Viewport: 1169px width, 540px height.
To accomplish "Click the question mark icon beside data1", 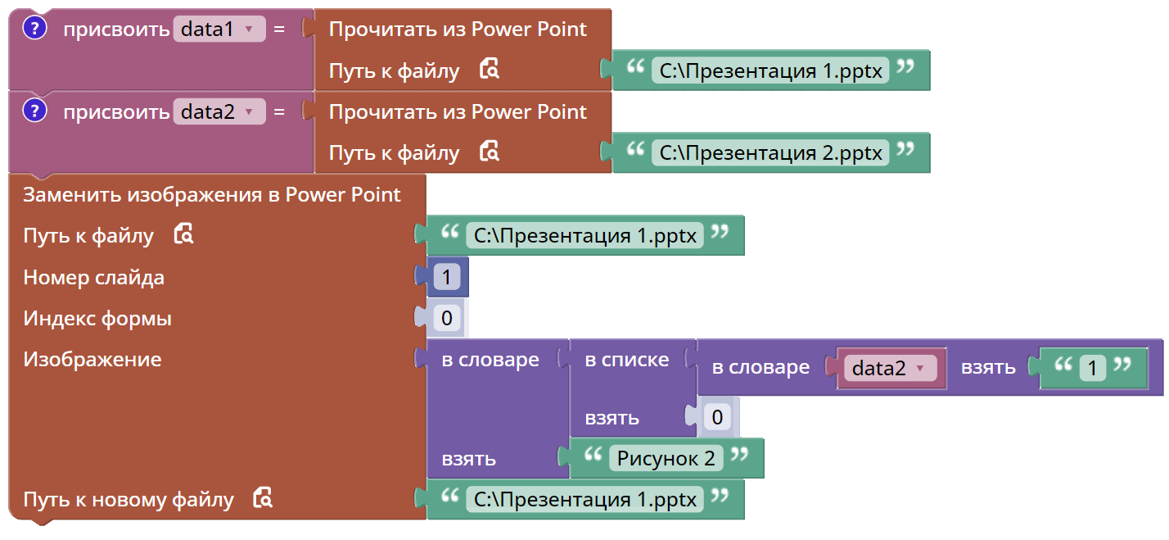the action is point(35,28).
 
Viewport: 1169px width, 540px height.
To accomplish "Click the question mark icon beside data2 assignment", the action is point(35,111).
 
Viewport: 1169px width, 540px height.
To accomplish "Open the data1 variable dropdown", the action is point(219,29).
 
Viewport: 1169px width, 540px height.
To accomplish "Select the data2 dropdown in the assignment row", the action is point(219,111).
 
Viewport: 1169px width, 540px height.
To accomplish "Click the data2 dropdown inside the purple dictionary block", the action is point(891,368).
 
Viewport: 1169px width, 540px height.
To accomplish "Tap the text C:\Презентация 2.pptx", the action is point(770,153).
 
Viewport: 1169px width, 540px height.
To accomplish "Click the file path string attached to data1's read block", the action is point(770,70).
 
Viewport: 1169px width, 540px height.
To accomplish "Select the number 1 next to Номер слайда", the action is point(446,277).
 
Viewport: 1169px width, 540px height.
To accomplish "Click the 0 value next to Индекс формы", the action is point(447,318).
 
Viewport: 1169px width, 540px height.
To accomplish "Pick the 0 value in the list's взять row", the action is point(717,417).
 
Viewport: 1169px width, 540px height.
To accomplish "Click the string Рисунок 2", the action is point(666,459).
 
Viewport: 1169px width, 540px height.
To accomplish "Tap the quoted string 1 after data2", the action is point(1092,368).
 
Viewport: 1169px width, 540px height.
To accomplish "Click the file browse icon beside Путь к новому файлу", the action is point(263,497).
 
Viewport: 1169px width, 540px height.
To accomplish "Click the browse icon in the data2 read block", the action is point(490,151).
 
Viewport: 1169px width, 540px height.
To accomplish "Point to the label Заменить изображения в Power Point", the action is point(211,195).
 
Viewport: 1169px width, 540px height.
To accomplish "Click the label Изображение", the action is point(93,359).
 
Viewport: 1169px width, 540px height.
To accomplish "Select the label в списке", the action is point(627,359).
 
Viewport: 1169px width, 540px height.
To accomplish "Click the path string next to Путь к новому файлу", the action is point(585,500).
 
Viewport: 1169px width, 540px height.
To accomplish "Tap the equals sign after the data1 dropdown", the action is point(279,29).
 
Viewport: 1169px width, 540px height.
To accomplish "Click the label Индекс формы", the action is point(97,319).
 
